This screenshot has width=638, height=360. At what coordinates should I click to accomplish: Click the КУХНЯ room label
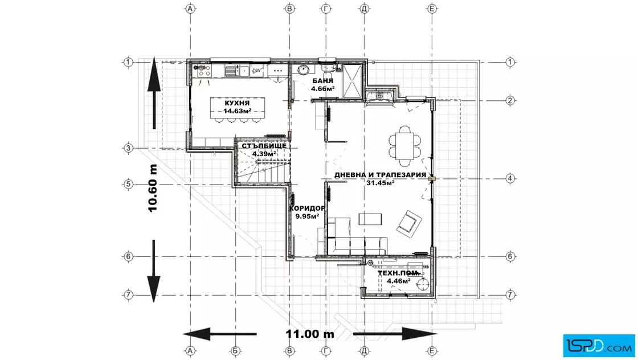tap(237, 103)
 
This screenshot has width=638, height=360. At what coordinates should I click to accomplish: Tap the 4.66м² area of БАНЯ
tap(322, 88)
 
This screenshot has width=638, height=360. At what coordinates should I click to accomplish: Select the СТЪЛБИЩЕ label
tap(264, 146)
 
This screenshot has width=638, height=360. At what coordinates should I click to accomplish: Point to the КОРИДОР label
tap(307, 208)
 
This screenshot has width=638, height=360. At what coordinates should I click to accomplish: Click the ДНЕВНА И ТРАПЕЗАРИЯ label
tap(381, 175)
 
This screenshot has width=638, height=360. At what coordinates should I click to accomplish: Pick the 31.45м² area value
tap(381, 183)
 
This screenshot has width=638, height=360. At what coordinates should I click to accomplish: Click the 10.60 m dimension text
tap(153, 188)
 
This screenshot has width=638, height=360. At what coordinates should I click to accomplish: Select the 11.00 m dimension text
tap(310, 334)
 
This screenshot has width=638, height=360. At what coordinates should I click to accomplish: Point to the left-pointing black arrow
tap(220, 334)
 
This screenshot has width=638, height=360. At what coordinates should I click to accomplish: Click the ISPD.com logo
tap(599, 346)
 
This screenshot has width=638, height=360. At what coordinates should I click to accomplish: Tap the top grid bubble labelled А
tap(190, 9)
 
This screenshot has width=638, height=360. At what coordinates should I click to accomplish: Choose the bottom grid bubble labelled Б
tap(236, 351)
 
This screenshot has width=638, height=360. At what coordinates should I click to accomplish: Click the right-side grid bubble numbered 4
tap(510, 178)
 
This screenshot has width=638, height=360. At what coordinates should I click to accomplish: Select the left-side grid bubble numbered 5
tap(128, 184)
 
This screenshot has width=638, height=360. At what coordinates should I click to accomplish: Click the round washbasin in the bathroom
tap(302, 70)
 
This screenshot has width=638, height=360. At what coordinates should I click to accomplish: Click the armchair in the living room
tap(410, 223)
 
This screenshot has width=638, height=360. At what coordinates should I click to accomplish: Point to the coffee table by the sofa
tap(370, 219)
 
